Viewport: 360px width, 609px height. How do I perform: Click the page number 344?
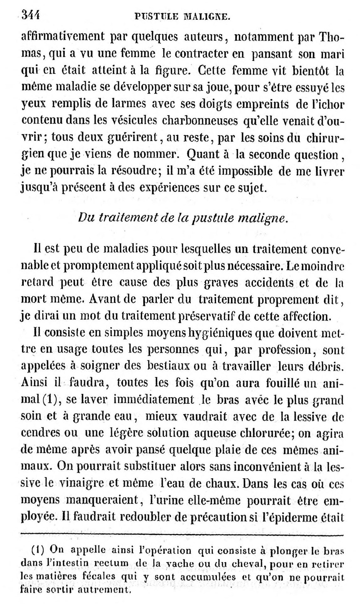tap(31, 15)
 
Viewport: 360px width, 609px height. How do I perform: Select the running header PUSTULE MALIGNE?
tap(183, 16)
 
